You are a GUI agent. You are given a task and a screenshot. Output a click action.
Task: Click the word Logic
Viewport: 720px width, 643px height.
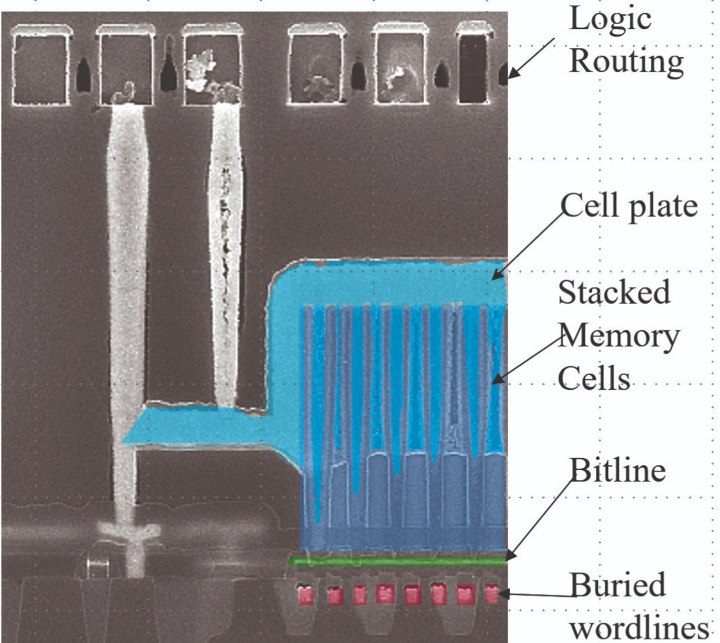610,19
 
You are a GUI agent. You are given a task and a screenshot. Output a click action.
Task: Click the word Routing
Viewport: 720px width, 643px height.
626,61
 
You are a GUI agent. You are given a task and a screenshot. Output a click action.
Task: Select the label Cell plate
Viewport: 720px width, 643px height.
629,205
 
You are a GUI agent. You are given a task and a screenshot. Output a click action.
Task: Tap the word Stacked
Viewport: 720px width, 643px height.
614,292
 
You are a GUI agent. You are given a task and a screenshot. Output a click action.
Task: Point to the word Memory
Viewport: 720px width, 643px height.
619,336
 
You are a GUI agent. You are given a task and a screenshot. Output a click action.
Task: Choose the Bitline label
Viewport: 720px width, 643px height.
617,470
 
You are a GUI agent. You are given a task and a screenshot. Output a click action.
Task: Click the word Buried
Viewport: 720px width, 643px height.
617,585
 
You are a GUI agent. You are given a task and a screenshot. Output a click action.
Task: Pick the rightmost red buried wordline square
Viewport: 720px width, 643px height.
492,594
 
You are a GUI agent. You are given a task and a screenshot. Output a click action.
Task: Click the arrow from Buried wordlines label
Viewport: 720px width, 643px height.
534,595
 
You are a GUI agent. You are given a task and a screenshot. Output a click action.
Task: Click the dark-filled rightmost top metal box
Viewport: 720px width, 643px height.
473,68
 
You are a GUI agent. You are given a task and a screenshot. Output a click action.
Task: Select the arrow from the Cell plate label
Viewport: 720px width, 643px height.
529,243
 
